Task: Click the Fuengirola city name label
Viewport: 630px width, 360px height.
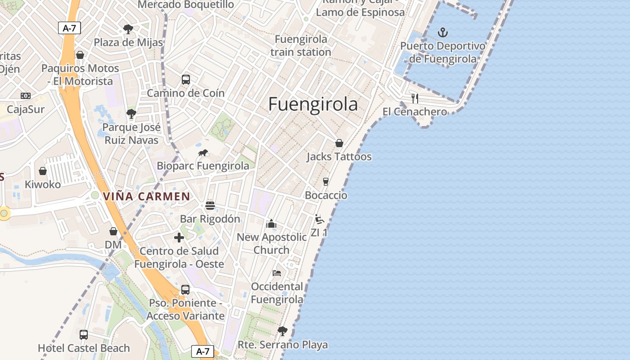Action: [x=313, y=104]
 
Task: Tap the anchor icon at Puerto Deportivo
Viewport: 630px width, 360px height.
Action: [x=443, y=32]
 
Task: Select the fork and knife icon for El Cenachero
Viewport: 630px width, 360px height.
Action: [x=415, y=98]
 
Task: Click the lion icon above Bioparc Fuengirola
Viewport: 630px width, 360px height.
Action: [x=203, y=153]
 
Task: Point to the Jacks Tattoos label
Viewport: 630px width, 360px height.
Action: [x=339, y=157]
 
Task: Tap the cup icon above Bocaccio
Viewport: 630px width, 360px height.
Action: [x=326, y=182]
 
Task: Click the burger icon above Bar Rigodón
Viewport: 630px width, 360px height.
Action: [x=210, y=206]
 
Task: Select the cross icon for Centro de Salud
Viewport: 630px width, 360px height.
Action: [x=179, y=238]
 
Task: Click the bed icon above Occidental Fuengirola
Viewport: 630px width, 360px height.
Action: [x=277, y=273]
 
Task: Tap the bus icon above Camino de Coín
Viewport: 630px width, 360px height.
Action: [x=186, y=80]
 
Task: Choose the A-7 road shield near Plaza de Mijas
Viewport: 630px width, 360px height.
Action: [x=69, y=28]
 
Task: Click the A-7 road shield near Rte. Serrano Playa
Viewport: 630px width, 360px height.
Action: [x=202, y=351]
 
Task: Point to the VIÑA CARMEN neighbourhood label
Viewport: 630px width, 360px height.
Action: [x=147, y=197]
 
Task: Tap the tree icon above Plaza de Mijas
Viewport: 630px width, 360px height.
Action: [x=128, y=29]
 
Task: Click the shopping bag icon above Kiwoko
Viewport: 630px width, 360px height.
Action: [x=43, y=171]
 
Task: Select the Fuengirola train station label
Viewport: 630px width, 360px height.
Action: [x=301, y=45]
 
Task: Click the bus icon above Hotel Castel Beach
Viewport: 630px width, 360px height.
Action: [x=84, y=334]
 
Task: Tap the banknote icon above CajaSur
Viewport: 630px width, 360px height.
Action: [x=26, y=96]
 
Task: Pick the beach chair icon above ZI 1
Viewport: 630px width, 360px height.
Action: [x=319, y=219]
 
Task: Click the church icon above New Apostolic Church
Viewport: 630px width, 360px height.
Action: [x=271, y=224]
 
